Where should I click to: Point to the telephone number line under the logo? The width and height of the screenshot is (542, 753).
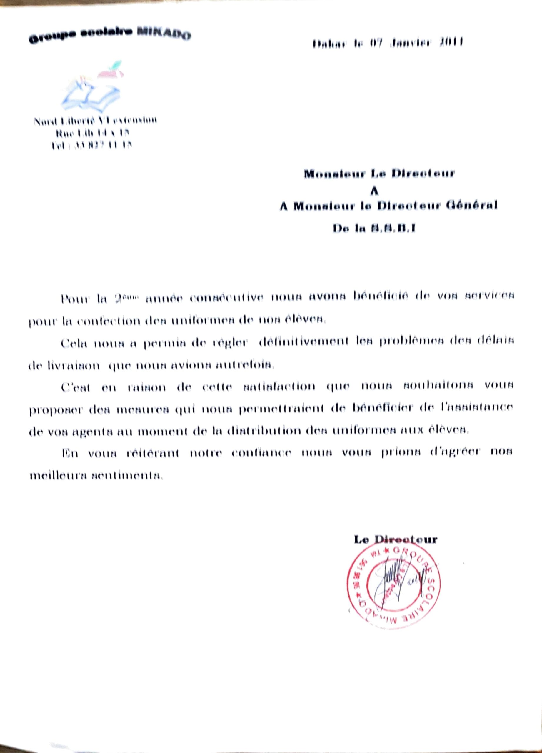click(x=91, y=145)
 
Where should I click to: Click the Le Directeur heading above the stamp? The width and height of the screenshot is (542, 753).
click(x=395, y=539)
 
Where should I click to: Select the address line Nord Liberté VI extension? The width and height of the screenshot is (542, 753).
click(x=95, y=121)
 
